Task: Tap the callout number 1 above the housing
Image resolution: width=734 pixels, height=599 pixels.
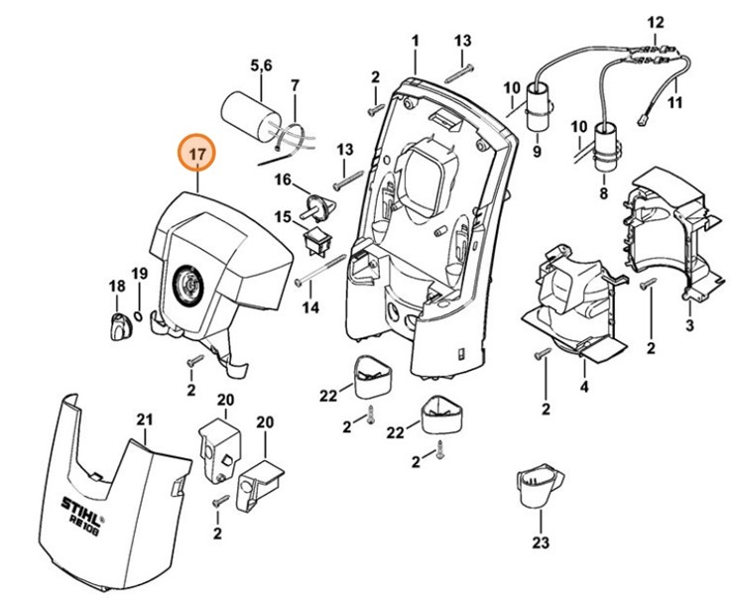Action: tap(415, 41)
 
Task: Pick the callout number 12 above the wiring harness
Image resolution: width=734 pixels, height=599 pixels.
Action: tap(656, 22)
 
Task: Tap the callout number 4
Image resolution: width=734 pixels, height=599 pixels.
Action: tap(585, 387)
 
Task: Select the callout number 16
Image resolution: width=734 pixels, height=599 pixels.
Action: tap(283, 180)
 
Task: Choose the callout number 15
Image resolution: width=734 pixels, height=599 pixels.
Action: tap(283, 216)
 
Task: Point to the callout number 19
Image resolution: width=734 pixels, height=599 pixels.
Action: tap(140, 274)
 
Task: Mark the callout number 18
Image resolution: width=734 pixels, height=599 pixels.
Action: tap(117, 287)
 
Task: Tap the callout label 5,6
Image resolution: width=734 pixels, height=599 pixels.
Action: tap(262, 66)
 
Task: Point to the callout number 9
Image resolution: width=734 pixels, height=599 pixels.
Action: tap(537, 153)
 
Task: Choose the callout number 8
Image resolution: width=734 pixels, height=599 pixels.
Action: tap(602, 194)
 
